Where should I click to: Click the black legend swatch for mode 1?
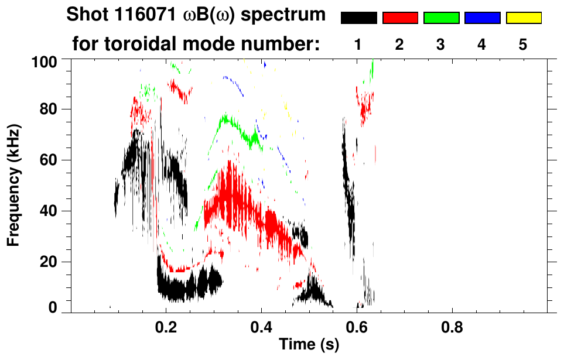[x=359, y=18]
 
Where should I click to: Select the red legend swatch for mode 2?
[x=400, y=18]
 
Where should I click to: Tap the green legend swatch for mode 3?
[x=441, y=18]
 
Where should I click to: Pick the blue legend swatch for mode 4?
[x=482, y=18]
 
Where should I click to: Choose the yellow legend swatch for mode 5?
[x=523, y=18]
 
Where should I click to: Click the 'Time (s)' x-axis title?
[x=309, y=345]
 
